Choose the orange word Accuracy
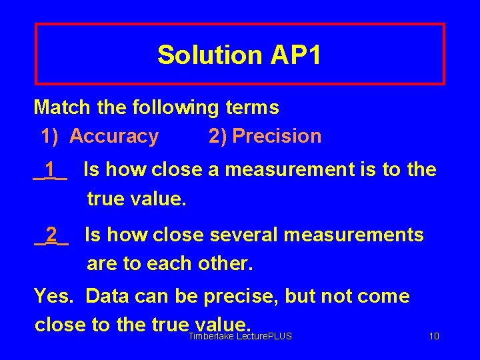coord(114,136)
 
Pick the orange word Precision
coord(277,136)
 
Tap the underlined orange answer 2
coord(51,235)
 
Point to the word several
coord(243,235)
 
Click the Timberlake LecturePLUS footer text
coord(240,337)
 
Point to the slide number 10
coord(433,337)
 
